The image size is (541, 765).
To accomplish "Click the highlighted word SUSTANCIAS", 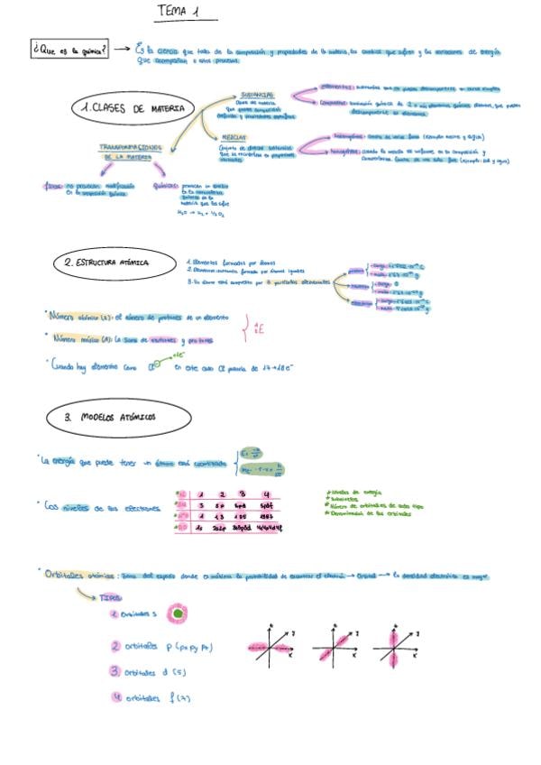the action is click(x=257, y=93).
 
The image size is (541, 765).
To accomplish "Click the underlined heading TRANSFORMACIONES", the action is click(x=131, y=146).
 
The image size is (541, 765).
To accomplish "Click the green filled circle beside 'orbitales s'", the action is click(x=179, y=615).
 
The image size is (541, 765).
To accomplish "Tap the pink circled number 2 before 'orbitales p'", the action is click(x=115, y=646).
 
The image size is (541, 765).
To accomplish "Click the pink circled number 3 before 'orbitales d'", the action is click(x=115, y=671).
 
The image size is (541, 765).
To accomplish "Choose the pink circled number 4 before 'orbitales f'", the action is click(x=115, y=696).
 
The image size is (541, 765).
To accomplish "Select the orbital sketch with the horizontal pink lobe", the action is click(x=267, y=648).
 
